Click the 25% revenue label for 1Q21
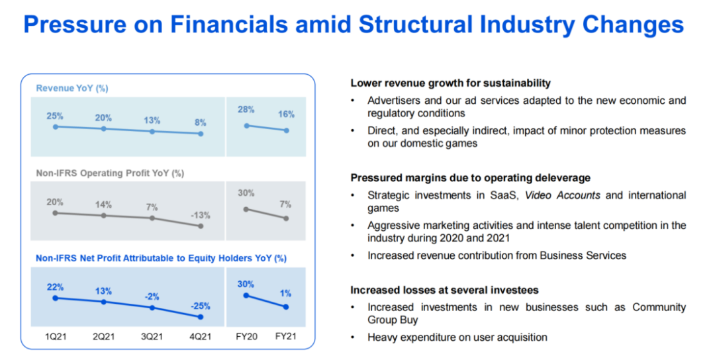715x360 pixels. point(55,116)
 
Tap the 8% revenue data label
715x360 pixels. point(201,122)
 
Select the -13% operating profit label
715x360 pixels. point(200,215)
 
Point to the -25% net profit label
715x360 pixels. point(200,306)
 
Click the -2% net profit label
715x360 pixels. point(152,296)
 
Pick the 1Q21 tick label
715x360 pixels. point(55,336)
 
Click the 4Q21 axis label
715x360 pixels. point(200,336)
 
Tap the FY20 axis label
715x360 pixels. point(246,336)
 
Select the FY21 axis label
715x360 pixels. point(286,336)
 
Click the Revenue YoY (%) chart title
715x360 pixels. point(72,88)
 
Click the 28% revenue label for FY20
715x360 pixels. point(246,109)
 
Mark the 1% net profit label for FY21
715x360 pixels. point(285,293)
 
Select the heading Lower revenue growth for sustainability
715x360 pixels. point(450,83)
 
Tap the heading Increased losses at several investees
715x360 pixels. point(444,290)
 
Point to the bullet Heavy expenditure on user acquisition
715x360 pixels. point(457,337)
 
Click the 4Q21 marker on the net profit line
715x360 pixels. point(200,317)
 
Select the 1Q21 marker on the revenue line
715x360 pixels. point(55,126)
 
